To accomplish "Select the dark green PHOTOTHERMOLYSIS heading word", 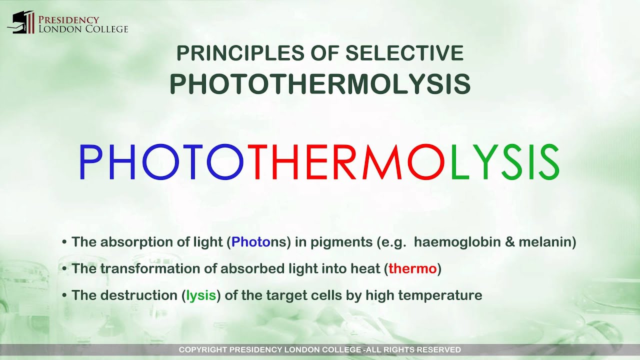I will (320, 83).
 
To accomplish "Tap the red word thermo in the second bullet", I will (412, 269).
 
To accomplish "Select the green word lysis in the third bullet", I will (201, 295).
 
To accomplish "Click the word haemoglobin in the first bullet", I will (456, 242).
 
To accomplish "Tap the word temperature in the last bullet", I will (445, 295).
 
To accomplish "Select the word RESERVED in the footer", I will (440, 350).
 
